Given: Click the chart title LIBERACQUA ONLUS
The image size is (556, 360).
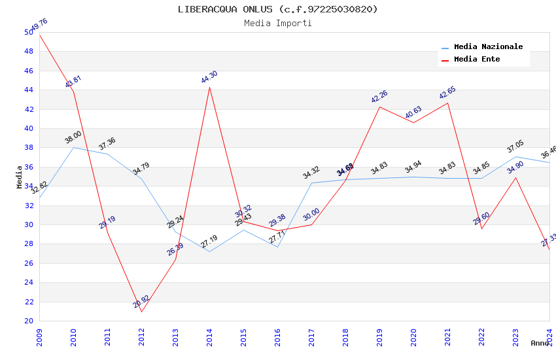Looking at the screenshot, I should coord(277,9).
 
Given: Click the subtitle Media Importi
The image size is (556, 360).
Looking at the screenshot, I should coord(277,23).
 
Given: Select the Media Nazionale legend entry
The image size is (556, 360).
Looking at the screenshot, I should coord(488,47).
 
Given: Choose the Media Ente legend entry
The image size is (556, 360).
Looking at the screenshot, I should coord(477,60).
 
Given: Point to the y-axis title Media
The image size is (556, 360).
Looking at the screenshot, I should coord(20,177).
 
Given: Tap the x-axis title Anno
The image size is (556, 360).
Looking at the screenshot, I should coord(540,343).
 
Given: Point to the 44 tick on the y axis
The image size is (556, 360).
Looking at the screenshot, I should coord(29,90).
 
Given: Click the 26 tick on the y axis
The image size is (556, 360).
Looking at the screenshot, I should coord(29,263).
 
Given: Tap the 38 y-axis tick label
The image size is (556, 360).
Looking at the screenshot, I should coord(29,148).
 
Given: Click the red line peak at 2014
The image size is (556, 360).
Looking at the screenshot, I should coord(209,87).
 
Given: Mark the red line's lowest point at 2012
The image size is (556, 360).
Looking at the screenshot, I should coord(141,312).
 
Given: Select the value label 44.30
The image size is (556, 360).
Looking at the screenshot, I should coord(209,77).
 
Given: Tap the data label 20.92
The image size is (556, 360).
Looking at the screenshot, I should coord(141,301).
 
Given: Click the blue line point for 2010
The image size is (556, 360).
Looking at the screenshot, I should coord(73,147).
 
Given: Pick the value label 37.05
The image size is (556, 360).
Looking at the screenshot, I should coord(515,147).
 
